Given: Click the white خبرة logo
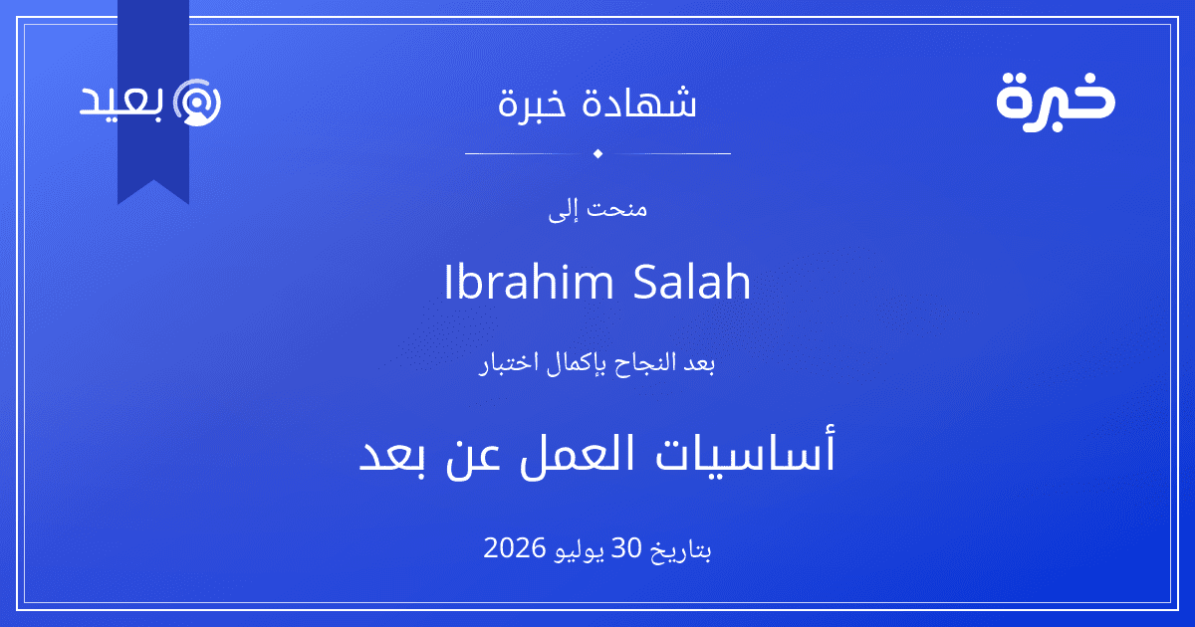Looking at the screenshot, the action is point(1056,103).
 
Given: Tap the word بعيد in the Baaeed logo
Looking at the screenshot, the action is point(121,100).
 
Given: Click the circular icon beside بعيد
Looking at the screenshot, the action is point(197,103).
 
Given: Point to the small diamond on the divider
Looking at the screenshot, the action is point(597,153).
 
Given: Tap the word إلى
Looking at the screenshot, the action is point(563,211).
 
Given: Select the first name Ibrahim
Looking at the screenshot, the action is point(529,282).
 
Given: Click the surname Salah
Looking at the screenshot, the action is point(692,282).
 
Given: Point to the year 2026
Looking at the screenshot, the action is point(514,547).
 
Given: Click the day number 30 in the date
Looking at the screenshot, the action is point(625,547).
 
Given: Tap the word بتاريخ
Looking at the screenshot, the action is point(681,549).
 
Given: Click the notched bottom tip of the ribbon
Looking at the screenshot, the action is point(153,181).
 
